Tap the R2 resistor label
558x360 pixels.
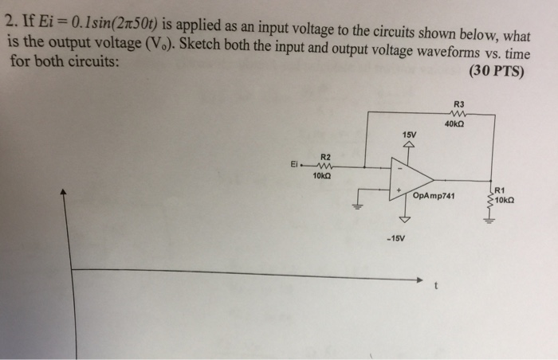point(325,157)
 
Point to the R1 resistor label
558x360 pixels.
point(500,190)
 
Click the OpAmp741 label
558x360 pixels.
point(434,194)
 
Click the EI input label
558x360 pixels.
point(294,167)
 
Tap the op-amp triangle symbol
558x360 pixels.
point(408,179)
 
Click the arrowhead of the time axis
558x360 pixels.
point(420,279)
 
